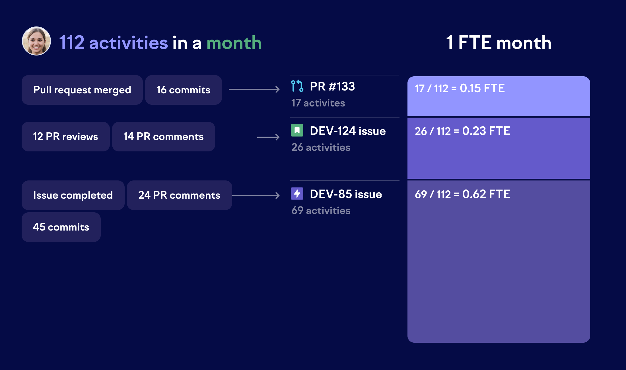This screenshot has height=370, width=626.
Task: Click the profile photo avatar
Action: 36,41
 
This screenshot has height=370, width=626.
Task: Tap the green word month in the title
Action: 234,43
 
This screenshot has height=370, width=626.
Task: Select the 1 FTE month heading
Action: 499,43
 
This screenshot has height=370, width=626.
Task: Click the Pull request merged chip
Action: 82,90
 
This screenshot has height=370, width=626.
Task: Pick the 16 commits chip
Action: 184,90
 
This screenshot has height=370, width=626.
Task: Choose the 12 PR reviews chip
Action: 66,137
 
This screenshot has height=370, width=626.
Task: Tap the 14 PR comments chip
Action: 164,137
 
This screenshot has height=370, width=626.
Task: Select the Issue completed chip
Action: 73,195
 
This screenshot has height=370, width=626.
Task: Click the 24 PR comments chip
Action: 180,195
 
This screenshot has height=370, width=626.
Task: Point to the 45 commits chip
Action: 61,227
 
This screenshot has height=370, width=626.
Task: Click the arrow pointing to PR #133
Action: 254,89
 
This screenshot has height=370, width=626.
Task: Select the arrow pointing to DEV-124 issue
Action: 268,137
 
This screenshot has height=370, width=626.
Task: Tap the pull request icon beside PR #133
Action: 297,86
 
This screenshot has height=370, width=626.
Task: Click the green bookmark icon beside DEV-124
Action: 297,131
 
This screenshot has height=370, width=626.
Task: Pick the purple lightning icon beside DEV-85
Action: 297,194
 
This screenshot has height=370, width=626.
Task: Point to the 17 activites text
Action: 318,103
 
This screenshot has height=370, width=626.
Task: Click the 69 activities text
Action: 321,211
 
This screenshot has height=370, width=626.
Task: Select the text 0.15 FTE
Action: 482,88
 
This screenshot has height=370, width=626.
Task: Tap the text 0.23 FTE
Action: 486,131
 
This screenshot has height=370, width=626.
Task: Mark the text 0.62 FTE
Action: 486,194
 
